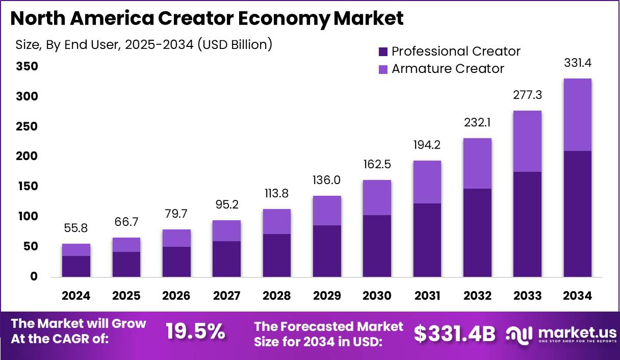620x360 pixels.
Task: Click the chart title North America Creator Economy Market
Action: tap(206, 19)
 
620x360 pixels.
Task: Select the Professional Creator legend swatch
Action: tap(383, 52)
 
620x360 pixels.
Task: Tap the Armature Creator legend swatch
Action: tap(383, 69)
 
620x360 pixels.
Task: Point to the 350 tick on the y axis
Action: tap(26, 67)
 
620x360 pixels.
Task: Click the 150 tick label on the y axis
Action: tap(26, 187)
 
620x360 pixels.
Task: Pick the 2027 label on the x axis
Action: tap(226, 296)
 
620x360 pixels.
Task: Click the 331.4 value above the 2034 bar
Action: tap(577, 64)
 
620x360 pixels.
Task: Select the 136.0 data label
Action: tap(326, 181)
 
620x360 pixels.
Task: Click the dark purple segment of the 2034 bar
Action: tap(577, 214)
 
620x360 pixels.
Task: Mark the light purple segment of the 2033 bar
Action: tap(527, 141)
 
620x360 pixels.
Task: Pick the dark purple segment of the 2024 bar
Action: tap(76, 266)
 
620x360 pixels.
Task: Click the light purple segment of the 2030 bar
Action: tap(377, 197)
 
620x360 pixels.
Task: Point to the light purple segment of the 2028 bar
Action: tap(276, 221)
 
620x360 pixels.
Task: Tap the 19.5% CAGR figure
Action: tap(195, 332)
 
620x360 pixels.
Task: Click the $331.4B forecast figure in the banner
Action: tap(454, 333)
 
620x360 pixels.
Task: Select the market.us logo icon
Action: tap(520, 334)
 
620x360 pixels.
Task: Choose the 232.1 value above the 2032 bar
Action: tap(477, 123)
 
